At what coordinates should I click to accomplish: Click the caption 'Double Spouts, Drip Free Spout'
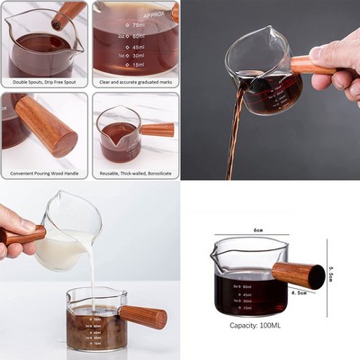pyautogui.click(x=44, y=83)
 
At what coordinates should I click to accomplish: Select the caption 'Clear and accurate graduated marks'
pyautogui.click(x=134, y=83)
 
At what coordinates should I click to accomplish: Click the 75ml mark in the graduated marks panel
pyautogui.click(x=136, y=25)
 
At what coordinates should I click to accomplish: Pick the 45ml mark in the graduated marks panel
pyautogui.click(x=137, y=46)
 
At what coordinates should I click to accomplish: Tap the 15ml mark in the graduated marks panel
pyautogui.click(x=137, y=65)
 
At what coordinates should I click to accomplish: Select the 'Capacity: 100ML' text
pyautogui.click(x=258, y=325)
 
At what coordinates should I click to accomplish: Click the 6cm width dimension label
pyautogui.click(x=257, y=230)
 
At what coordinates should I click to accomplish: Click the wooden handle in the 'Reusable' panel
pyautogui.click(x=157, y=130)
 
